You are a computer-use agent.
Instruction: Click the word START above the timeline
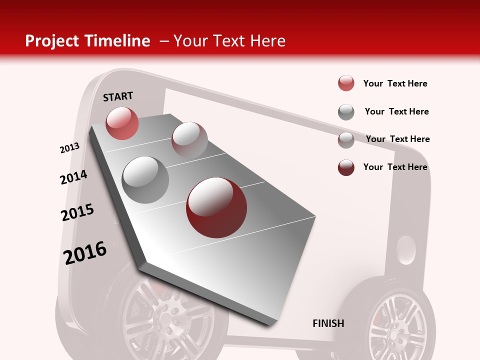(118, 96)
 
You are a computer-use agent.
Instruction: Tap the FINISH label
(328, 323)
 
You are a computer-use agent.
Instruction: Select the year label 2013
(69, 148)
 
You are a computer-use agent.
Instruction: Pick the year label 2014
(73, 177)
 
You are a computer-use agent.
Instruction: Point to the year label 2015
(77, 212)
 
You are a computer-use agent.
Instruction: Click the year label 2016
(85, 252)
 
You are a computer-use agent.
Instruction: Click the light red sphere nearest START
(122, 123)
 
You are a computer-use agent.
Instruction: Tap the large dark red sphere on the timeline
(216, 207)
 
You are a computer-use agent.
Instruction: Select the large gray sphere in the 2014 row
(145, 180)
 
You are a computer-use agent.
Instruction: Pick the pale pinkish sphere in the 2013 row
(189, 139)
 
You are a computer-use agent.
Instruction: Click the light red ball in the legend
(346, 83)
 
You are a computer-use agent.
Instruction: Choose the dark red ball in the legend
(346, 167)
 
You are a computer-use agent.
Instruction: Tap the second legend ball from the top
(346, 112)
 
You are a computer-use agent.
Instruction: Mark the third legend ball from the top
(346, 140)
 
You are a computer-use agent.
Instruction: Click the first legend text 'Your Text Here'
(395, 83)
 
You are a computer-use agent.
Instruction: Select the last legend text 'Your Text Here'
(395, 167)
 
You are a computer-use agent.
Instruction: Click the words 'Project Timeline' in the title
(87, 41)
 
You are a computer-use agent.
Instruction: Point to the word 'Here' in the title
(267, 41)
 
